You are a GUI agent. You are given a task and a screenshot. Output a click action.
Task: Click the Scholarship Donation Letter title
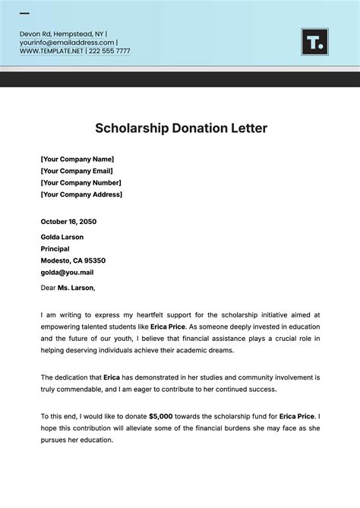point(181,128)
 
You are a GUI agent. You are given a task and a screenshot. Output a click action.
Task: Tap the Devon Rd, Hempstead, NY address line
point(62,33)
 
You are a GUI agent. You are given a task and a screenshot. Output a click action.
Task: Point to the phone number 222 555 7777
point(109,52)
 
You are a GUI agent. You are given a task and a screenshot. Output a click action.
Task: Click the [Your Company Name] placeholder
point(77,159)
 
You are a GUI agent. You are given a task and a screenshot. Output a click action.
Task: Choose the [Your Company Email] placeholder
point(77,171)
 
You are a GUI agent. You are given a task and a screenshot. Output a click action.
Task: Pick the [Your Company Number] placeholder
point(81,183)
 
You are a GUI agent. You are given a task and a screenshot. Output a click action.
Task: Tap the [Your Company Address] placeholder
point(81,195)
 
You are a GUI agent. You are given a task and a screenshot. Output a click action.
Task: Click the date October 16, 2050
point(68,222)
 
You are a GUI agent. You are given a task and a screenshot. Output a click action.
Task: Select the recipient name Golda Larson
point(62,237)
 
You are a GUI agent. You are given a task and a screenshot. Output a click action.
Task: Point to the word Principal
point(55,249)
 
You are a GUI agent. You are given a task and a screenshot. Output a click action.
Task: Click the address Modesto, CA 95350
point(73,260)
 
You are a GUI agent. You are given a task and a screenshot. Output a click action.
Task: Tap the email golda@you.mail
point(67,272)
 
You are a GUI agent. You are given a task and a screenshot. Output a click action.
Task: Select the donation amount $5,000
point(162,416)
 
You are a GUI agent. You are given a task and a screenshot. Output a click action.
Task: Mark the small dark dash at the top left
point(24,14)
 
